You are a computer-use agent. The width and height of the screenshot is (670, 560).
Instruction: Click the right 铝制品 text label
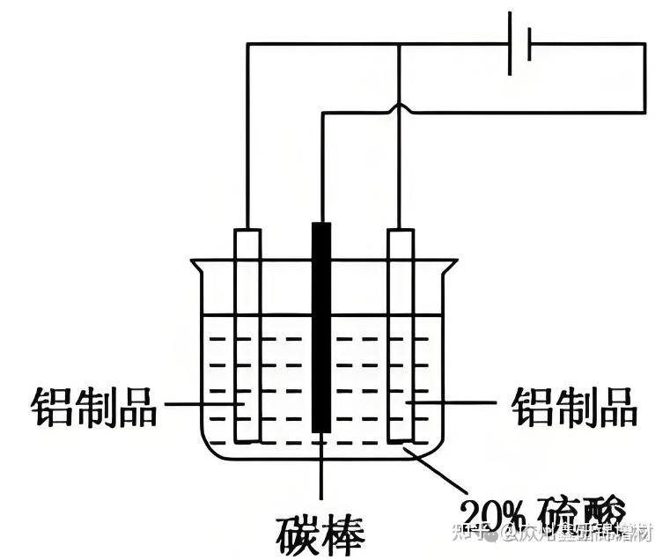574,407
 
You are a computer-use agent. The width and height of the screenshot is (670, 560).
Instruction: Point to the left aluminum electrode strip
247,335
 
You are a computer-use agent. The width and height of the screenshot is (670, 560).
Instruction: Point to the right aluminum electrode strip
401,335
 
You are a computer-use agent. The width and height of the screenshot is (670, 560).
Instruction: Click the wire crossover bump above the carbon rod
401,108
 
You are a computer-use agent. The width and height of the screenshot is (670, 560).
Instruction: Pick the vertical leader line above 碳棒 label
322,471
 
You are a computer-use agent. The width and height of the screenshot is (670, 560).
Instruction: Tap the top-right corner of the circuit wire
644,45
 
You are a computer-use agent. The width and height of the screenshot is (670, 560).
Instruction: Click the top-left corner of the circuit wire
247,45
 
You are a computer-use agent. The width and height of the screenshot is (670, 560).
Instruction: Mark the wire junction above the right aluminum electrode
401,45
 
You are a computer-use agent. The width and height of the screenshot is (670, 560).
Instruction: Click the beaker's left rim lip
195,262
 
